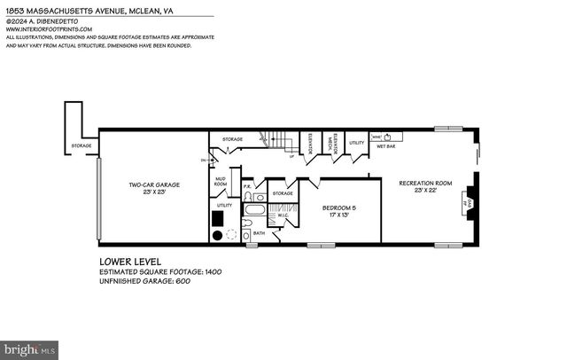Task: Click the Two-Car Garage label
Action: [154, 185]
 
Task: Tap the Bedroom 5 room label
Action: [339, 209]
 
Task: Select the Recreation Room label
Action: [425, 184]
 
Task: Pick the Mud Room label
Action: [221, 182]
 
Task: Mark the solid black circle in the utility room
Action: [216, 236]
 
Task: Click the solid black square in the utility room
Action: [217, 216]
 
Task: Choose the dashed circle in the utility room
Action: [232, 236]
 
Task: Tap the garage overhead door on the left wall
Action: [100, 200]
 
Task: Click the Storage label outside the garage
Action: [82, 146]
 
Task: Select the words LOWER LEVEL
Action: [131, 263]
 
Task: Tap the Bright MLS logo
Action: [29, 349]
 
